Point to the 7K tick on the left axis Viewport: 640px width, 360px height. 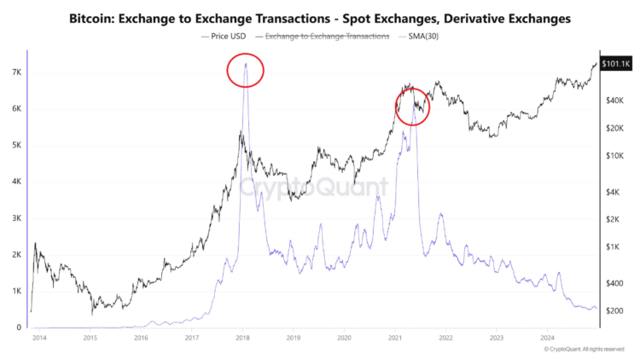[15, 73]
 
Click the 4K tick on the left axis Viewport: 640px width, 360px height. [15, 182]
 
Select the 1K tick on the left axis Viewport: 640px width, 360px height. [15, 291]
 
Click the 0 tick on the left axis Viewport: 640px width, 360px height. [18, 328]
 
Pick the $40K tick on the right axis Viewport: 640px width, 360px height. [616, 101]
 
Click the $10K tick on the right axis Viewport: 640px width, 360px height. [616, 156]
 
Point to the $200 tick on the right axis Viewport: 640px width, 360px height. [616, 311]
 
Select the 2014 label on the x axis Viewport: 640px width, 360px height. [39, 339]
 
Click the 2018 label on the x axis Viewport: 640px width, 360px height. [242, 339]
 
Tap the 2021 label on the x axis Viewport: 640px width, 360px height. [394, 339]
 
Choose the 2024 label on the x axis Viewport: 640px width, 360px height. [547, 339]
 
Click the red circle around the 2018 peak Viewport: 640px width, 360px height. [245, 71]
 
